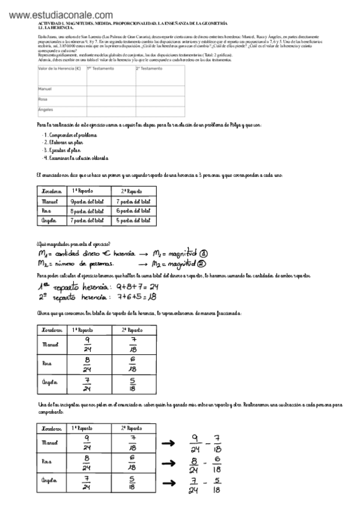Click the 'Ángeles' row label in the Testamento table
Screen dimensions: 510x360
point(46,110)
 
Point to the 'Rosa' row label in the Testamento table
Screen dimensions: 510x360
point(43,99)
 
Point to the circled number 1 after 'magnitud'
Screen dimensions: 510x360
point(204,254)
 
